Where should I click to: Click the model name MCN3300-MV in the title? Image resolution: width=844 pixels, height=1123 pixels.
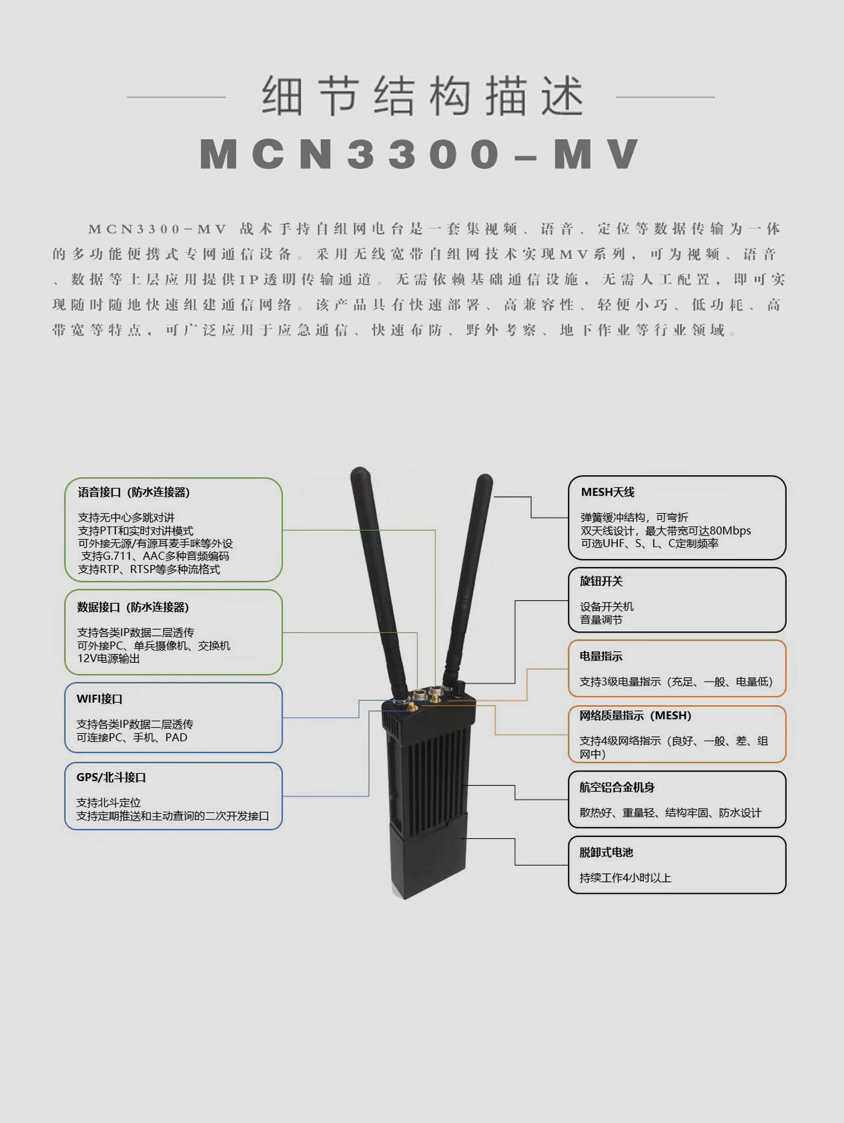coord(420,154)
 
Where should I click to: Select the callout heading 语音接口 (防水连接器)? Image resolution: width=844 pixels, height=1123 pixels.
coord(134,492)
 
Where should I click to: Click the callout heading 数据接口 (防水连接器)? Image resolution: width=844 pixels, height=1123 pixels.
coord(133,607)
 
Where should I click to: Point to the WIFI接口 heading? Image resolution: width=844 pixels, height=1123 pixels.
coord(99,699)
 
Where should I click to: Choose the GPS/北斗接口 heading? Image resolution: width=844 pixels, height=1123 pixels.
coord(111,777)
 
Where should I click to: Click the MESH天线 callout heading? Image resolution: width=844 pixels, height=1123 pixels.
coord(608,492)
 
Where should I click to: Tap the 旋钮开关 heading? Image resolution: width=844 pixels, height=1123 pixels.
coord(601,581)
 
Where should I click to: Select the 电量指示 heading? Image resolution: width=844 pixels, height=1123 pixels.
coord(601,656)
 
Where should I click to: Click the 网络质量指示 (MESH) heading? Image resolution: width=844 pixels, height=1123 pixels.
coord(635,716)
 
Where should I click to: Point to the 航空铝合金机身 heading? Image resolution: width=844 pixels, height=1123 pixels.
coord(617,787)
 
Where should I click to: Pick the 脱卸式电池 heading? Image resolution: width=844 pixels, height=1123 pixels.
coord(606,852)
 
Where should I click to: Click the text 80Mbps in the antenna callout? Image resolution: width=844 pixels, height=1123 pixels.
coord(730,531)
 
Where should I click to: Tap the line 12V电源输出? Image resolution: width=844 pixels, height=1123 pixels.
coord(108,659)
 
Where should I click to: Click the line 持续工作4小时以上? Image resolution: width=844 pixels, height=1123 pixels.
coord(625,878)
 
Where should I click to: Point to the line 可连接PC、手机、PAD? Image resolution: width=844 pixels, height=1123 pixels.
coord(131,738)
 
